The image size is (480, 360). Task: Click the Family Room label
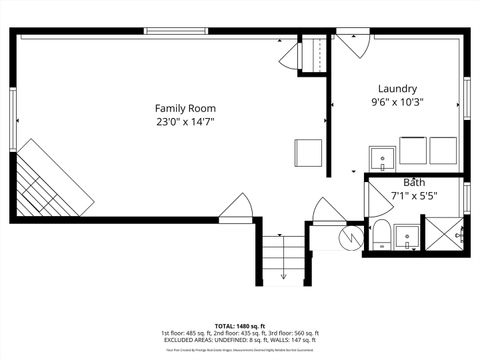pyautogui.click(x=185, y=108)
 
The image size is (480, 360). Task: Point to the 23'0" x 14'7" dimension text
pyautogui.click(x=185, y=122)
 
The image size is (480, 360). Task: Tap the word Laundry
pyautogui.click(x=397, y=88)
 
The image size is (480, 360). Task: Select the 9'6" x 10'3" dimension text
pyautogui.click(x=397, y=102)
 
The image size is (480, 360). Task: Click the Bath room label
pyautogui.click(x=413, y=183)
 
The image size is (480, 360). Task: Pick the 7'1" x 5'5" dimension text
pyautogui.click(x=413, y=196)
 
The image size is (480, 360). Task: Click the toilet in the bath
pyautogui.click(x=381, y=236)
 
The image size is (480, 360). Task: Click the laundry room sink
pyautogui.click(x=382, y=158)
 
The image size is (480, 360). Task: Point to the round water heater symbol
pyautogui.click(x=351, y=237)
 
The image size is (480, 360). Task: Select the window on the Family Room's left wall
pyautogui.click(x=13, y=120)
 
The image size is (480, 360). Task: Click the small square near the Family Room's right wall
pyautogui.click(x=307, y=153)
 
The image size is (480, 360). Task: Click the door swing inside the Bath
pyautogui.click(x=378, y=202)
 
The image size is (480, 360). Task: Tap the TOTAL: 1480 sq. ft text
pyautogui.click(x=240, y=326)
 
